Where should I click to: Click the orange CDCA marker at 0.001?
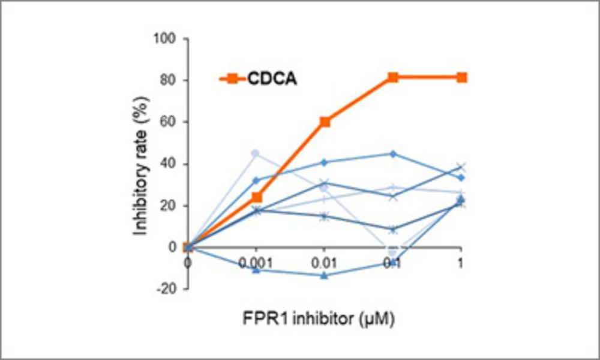click(256, 197)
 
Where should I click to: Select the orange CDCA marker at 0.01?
click(325, 122)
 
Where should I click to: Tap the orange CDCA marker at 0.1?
click(393, 77)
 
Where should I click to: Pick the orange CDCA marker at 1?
click(461, 77)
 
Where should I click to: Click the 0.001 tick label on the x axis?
click(256, 263)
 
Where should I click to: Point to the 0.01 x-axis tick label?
click(325, 263)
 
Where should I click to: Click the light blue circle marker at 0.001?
click(256, 154)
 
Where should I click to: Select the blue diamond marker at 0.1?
click(393, 154)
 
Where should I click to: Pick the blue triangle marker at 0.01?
click(325, 275)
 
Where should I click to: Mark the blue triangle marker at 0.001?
click(256, 270)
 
